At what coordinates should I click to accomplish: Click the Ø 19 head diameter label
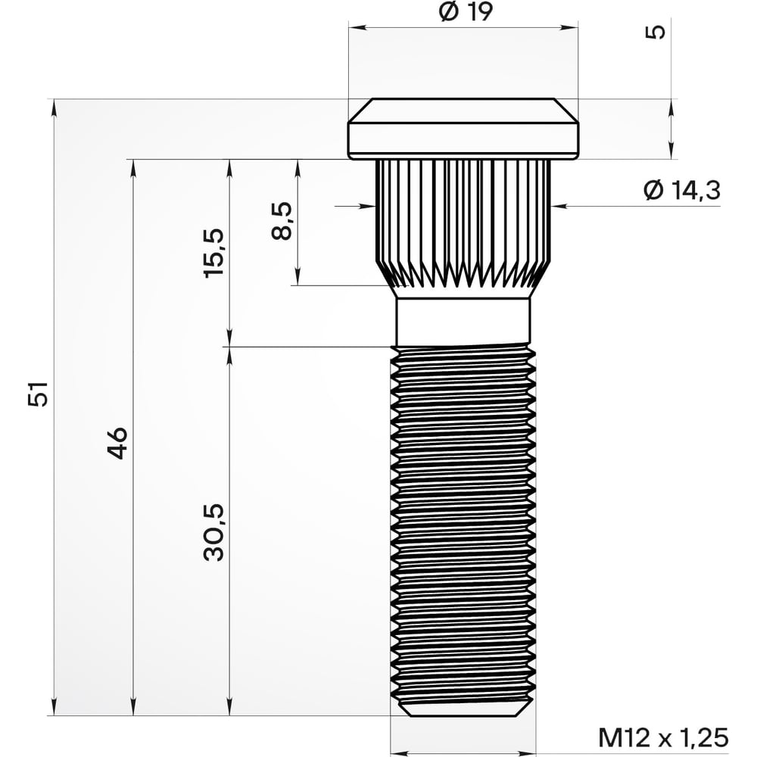(x=466, y=11)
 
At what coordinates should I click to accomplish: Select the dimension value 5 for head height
(x=656, y=33)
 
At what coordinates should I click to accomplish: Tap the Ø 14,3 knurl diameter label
(x=682, y=190)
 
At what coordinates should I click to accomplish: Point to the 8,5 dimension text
(x=282, y=221)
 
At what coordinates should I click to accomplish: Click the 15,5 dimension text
(x=214, y=253)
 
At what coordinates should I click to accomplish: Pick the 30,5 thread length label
(x=214, y=532)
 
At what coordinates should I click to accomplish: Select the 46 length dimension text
(x=118, y=443)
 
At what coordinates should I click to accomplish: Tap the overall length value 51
(x=38, y=394)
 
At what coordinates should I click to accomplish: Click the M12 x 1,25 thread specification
(x=663, y=737)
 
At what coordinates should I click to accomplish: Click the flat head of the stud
(x=463, y=129)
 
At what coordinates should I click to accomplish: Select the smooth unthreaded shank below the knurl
(x=463, y=321)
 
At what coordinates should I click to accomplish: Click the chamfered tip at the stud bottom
(x=463, y=709)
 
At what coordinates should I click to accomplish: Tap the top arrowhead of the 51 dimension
(x=55, y=108)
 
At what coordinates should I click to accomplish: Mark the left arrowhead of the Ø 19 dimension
(x=358, y=27)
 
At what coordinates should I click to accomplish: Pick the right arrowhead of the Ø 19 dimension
(x=569, y=27)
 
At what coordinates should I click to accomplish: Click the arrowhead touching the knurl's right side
(x=560, y=206)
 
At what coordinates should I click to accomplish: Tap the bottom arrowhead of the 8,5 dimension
(x=298, y=276)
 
